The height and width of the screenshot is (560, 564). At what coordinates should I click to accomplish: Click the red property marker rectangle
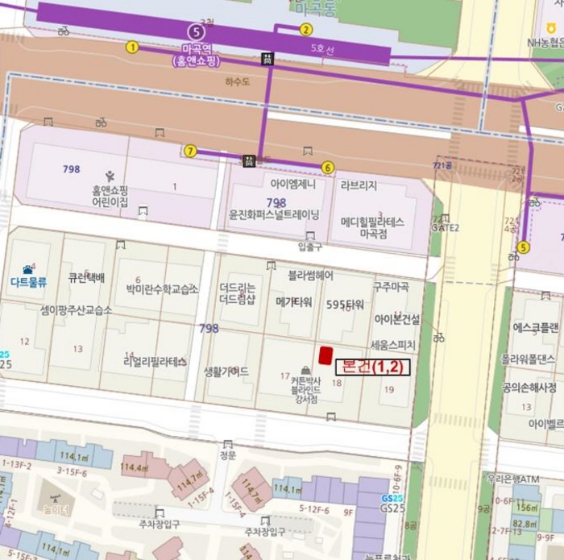click(326, 355)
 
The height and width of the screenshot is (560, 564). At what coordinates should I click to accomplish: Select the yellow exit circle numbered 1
click(132, 48)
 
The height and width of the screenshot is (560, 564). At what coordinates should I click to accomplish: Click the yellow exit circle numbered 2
click(305, 30)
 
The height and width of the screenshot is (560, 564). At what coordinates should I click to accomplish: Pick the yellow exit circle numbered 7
click(190, 151)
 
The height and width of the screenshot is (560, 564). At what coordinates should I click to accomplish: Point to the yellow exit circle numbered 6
click(327, 168)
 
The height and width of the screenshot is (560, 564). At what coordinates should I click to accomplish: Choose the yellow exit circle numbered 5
click(524, 247)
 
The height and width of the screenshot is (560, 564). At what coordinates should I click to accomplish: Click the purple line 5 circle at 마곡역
click(195, 31)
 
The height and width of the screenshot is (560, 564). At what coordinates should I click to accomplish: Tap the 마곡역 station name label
click(196, 49)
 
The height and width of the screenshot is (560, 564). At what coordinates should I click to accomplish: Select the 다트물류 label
click(30, 282)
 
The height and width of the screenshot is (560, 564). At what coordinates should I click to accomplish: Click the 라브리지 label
click(359, 185)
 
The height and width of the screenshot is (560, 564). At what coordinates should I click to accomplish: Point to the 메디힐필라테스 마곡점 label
click(371, 226)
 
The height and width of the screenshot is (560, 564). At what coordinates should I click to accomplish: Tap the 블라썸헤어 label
click(311, 275)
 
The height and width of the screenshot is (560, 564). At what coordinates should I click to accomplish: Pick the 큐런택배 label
click(86, 278)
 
